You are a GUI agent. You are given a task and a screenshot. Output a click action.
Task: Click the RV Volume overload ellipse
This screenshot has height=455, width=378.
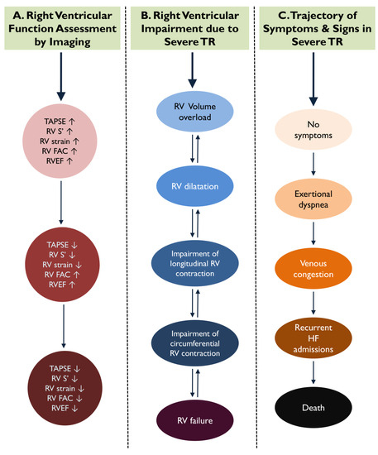192,133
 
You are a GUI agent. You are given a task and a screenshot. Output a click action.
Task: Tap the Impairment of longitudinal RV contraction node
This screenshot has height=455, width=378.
192,266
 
